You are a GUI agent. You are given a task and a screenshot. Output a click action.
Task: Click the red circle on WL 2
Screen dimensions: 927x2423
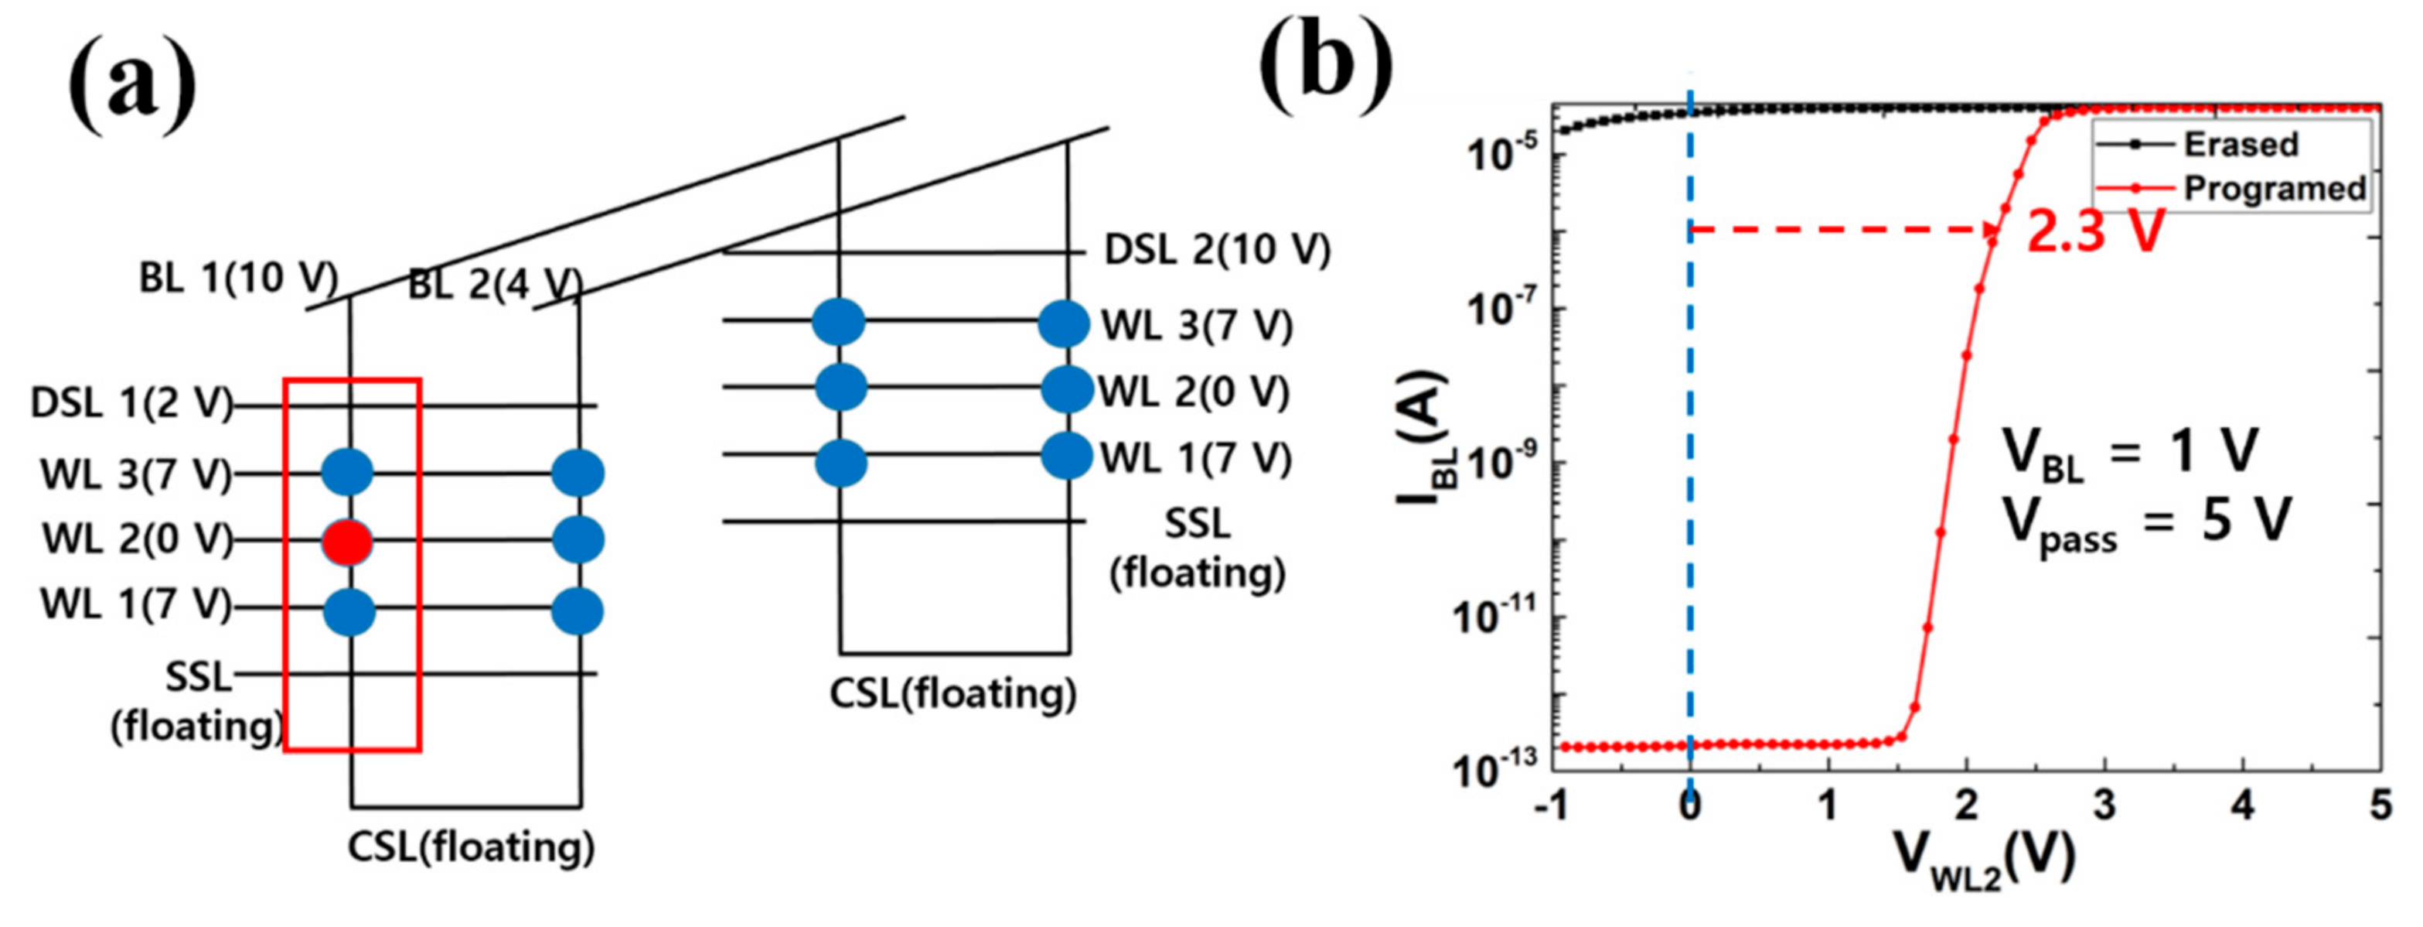pyautogui.click(x=347, y=542)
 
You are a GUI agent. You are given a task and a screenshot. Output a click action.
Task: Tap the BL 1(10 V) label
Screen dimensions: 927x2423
pyautogui.click(x=238, y=278)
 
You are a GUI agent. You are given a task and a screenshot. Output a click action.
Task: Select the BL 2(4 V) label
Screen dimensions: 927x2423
pyautogui.click(x=495, y=284)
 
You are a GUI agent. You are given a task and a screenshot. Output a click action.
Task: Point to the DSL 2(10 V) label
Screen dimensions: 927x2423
pyautogui.click(x=1217, y=251)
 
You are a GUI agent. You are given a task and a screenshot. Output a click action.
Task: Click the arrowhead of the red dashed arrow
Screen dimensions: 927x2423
pyautogui.click(x=1992, y=230)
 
